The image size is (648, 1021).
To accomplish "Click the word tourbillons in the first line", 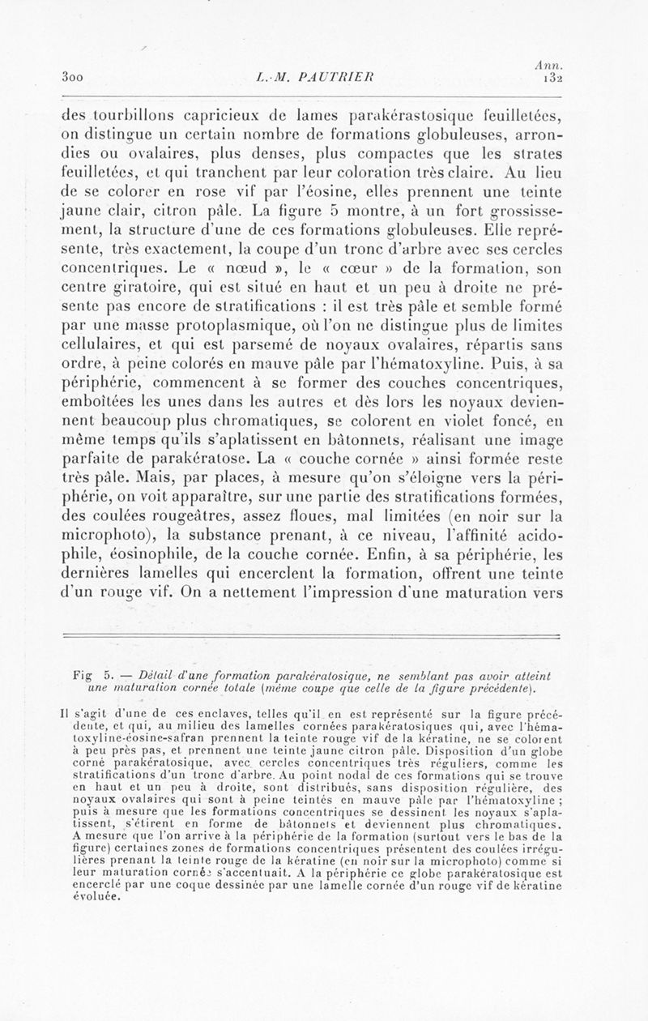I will pos(134,114).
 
